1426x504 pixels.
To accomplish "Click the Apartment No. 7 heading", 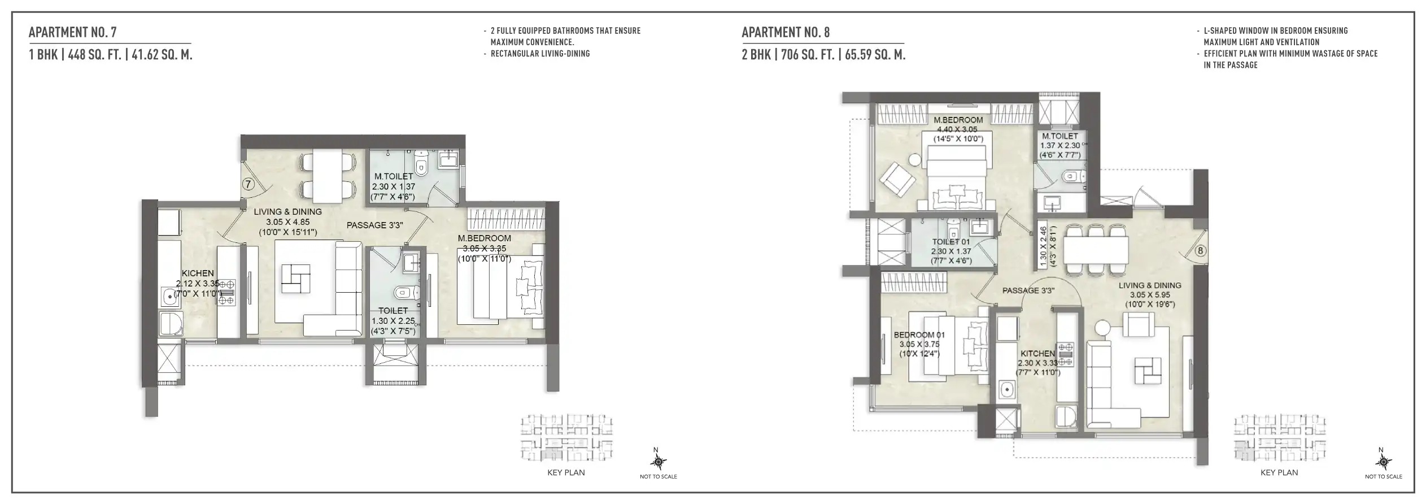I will pyautogui.click(x=73, y=32).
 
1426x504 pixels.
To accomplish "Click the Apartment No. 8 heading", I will pyautogui.click(x=786, y=32).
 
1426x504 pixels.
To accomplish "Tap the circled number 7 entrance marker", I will pyautogui.click(x=248, y=184).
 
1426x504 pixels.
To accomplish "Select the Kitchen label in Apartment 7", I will pyautogui.click(x=198, y=273).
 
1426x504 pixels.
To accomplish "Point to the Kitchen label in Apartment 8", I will pyautogui.click(x=1037, y=353).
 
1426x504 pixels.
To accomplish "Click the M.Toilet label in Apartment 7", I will pyautogui.click(x=394, y=176).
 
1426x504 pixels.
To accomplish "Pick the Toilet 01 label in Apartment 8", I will pyautogui.click(x=951, y=242).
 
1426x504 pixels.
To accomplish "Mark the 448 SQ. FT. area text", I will pyautogui.click(x=95, y=55).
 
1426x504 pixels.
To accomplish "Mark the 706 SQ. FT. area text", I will pyautogui.click(x=808, y=55).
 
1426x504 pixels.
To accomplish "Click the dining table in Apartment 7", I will pyautogui.click(x=328, y=175).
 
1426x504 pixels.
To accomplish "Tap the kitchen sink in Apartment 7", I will pyautogui.click(x=168, y=295).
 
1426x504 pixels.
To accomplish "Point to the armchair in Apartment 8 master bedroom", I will pyautogui.click(x=897, y=179).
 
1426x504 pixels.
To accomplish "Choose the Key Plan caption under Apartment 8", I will pyautogui.click(x=1279, y=472).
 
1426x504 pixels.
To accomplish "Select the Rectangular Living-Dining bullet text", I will pyautogui.click(x=540, y=54).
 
